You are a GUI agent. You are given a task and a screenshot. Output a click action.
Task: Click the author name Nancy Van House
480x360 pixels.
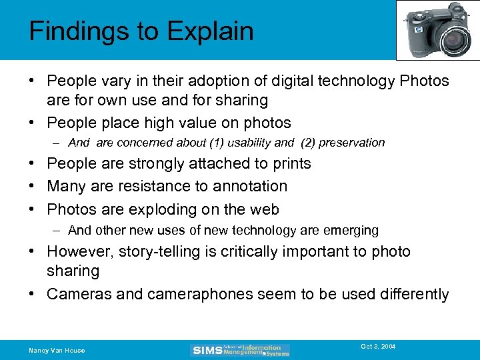pos(57,350)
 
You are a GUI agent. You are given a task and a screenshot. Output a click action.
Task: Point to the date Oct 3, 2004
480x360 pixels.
pos(378,347)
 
